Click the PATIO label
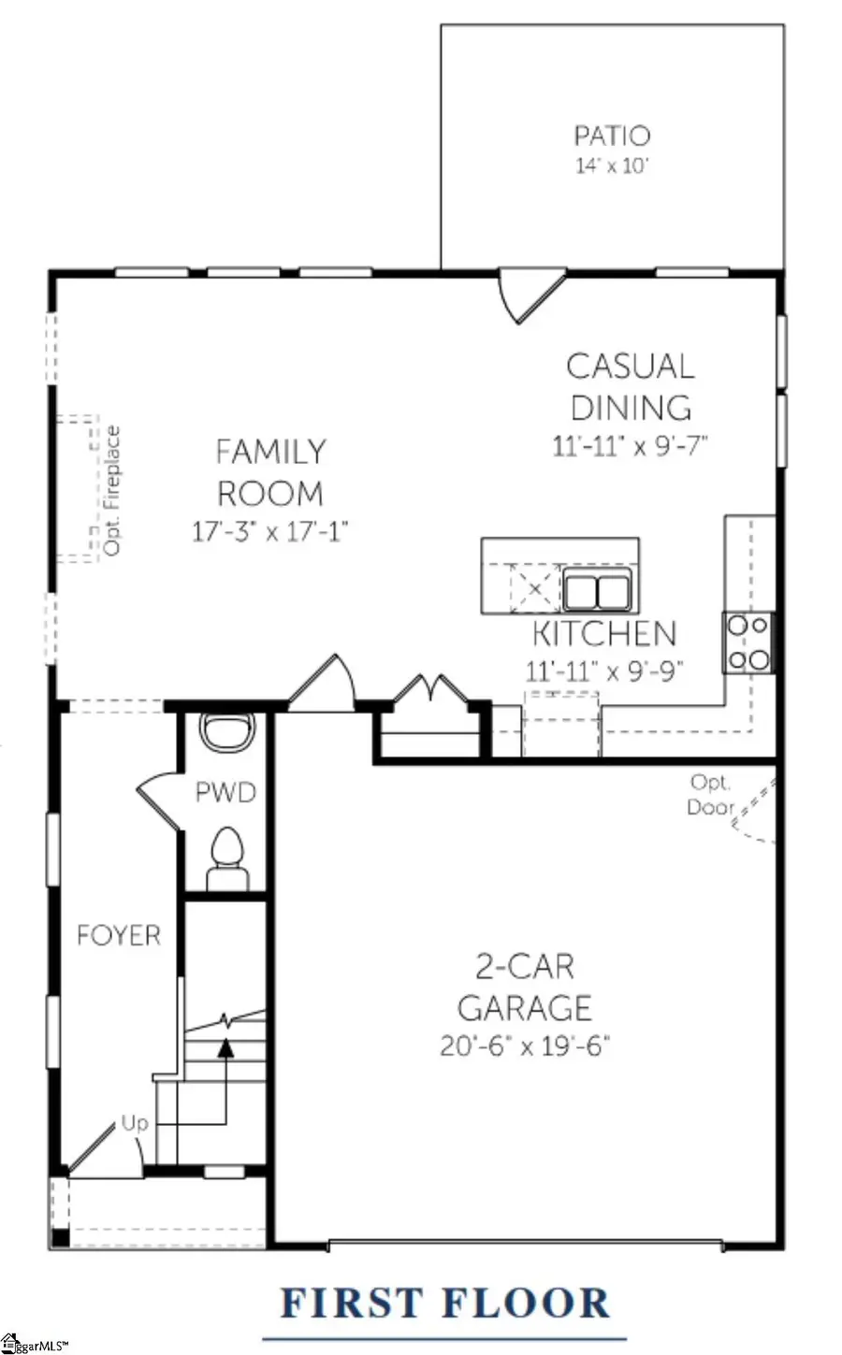pos(612,136)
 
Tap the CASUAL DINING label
pos(631,386)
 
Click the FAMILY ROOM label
pos(270,472)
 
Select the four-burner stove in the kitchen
pos(748,641)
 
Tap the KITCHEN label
pos(603,634)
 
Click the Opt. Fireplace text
pos(113,491)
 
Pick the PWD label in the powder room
pos(225,793)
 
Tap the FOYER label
pos(119,935)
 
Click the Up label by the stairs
pos(135,1123)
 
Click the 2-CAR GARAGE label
pos(525,987)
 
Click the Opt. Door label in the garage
pos(710,794)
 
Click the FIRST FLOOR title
pos(445,1303)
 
